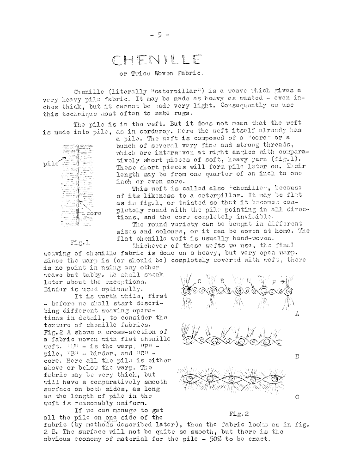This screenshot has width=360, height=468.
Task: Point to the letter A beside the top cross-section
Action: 297,314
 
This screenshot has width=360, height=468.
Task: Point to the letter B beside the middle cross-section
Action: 297,356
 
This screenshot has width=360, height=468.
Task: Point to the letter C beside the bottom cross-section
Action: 297,397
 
